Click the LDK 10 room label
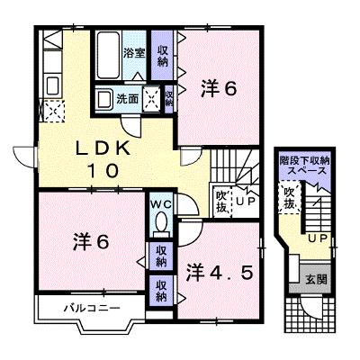103,159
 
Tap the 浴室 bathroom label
134,53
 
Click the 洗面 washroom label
128,99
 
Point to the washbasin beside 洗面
103,98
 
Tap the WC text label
161,205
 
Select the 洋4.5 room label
219,272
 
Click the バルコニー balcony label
93,308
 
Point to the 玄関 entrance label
316,280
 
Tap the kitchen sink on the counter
53,85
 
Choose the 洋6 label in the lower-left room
91,242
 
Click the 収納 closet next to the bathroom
162,56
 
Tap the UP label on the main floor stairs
246,201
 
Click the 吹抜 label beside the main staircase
222,201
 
